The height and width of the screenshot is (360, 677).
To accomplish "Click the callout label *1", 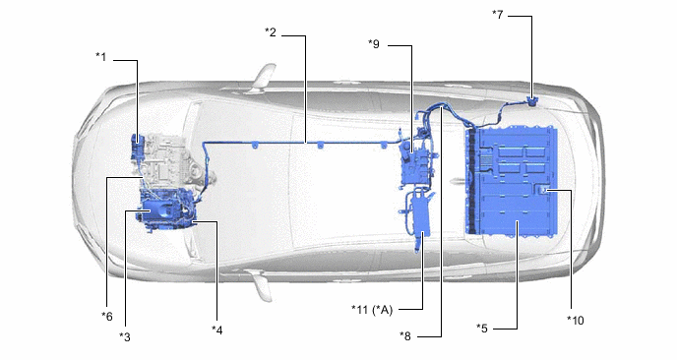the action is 100,56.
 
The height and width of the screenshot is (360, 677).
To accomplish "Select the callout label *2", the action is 271,31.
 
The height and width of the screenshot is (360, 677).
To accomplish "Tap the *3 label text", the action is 125,336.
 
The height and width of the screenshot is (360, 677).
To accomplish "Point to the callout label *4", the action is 217,330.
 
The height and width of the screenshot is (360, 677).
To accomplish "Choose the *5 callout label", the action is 482,329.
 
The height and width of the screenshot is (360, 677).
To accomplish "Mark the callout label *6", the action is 106,317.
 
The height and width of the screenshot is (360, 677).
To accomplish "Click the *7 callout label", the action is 497,14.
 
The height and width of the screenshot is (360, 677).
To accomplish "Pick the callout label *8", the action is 405,335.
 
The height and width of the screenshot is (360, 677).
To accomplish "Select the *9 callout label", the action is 374,43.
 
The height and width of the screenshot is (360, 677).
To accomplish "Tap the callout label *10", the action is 575,320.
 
